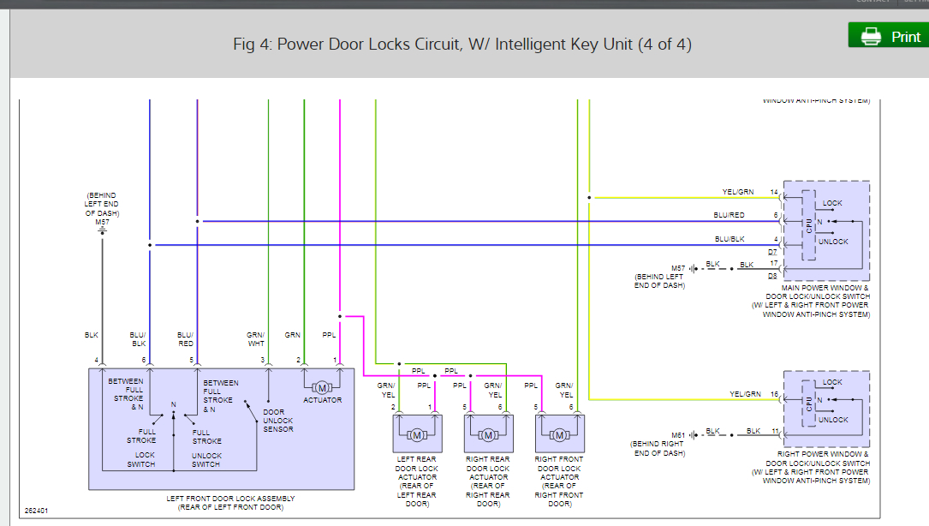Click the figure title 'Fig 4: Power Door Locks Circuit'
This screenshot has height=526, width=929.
[x=462, y=44]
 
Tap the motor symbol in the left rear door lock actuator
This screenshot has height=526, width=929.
[x=417, y=436]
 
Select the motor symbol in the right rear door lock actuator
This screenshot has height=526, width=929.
[x=488, y=436]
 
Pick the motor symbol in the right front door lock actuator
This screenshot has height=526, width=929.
[x=559, y=436]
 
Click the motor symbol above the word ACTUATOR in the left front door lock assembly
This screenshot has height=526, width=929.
[x=322, y=388]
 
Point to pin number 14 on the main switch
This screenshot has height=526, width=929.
[x=773, y=192]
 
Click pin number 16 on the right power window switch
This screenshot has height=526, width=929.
[x=773, y=394]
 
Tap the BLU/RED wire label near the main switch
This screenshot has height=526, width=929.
[x=729, y=215]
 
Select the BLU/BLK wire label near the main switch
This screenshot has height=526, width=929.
[x=729, y=239]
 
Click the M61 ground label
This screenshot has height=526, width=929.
[x=678, y=435]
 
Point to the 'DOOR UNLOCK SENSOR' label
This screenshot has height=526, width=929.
[x=278, y=421]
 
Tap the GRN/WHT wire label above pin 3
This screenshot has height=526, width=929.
[x=256, y=339]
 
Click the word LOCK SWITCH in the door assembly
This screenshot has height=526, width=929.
[x=141, y=460]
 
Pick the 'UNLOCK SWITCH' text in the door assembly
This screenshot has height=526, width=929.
[x=206, y=460]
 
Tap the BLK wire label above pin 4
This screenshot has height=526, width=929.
[x=92, y=334]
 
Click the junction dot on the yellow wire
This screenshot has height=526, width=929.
[x=589, y=198]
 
